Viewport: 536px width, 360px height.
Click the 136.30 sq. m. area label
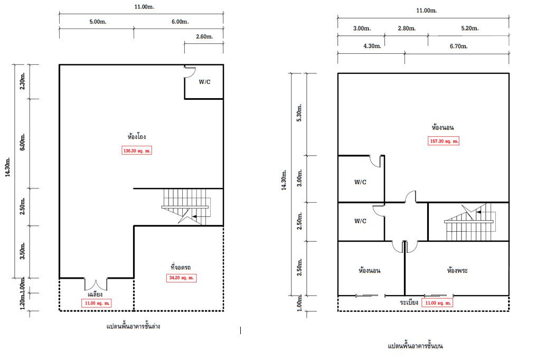click(x=137, y=150)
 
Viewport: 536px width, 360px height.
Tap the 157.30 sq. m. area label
click(x=444, y=141)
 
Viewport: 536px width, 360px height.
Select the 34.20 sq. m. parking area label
click(x=181, y=278)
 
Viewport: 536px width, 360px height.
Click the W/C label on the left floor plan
click(x=205, y=82)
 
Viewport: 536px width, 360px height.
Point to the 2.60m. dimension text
click(x=204, y=36)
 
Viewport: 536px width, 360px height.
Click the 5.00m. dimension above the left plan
click(x=98, y=22)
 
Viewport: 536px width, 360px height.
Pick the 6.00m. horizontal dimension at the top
click(x=180, y=22)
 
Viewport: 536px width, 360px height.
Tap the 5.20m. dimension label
click(x=470, y=29)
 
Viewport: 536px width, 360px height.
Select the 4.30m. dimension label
click(x=372, y=46)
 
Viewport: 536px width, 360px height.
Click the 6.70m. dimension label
click(x=459, y=46)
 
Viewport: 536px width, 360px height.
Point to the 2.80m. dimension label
click(x=407, y=29)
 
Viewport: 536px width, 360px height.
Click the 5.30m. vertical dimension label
click(x=299, y=113)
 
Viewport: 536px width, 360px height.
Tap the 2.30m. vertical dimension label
click(x=22, y=81)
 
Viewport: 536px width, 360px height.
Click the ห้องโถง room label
click(x=137, y=137)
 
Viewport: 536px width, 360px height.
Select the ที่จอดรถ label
click(x=181, y=267)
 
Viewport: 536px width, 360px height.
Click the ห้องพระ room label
click(x=457, y=270)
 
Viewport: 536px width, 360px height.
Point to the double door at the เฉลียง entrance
click(x=96, y=285)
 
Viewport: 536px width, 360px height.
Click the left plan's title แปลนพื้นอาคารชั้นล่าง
click(x=133, y=326)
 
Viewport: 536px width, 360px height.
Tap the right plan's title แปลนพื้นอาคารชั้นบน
click(x=415, y=346)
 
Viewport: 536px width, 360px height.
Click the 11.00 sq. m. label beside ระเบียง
click(x=437, y=303)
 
